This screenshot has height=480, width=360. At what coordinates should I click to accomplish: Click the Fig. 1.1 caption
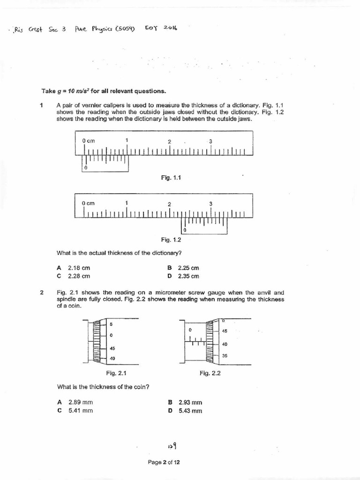pos(171,178)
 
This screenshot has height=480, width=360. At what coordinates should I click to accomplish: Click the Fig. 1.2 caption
pos(171,240)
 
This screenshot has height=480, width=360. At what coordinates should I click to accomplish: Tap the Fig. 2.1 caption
pos(116,373)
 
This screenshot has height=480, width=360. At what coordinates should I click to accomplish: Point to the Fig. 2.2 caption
pos(210,373)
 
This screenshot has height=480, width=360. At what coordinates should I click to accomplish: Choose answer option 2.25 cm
pos(188,268)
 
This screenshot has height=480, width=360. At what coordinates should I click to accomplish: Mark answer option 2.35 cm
pos(188,276)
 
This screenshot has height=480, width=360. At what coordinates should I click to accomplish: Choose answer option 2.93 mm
pos(190,402)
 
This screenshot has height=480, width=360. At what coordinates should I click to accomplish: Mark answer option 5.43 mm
pos(190,411)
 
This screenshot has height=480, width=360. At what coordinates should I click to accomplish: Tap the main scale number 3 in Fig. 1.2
pos(211,203)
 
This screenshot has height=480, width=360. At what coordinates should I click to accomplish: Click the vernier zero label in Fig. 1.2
pos(185,230)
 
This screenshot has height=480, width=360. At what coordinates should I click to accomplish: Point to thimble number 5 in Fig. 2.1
pos(112,324)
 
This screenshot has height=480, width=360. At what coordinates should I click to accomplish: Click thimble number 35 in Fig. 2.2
pos(225,356)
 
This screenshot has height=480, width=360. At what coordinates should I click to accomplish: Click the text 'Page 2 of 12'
pos(164,462)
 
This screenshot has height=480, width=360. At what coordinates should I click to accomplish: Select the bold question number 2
pos(42,292)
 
